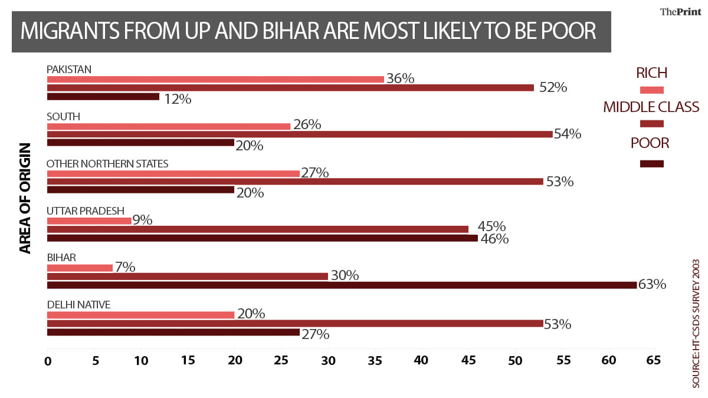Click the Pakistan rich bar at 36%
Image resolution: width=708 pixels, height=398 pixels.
[215, 79]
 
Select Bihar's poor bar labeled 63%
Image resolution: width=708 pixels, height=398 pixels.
[342, 285]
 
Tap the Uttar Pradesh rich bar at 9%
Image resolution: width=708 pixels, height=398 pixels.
[89, 221]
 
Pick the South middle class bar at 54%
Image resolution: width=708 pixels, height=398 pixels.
[300, 134]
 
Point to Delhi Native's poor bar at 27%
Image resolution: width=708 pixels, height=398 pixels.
[173, 332]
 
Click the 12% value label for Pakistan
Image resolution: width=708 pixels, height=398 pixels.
[178, 99]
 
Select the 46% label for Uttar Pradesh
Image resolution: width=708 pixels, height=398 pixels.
[494, 239]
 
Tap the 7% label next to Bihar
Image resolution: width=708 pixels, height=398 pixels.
[124, 268]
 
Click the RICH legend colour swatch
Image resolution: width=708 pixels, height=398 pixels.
[651, 90]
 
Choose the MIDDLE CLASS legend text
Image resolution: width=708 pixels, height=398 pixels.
[651, 107]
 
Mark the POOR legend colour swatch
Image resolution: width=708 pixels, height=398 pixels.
[651, 164]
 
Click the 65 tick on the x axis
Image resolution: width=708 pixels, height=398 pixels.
[651, 360]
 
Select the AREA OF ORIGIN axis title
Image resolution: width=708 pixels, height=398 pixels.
[25, 198]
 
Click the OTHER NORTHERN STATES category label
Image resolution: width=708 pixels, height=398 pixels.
[107, 163]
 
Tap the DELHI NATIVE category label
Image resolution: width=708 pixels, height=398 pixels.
[78, 305]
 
